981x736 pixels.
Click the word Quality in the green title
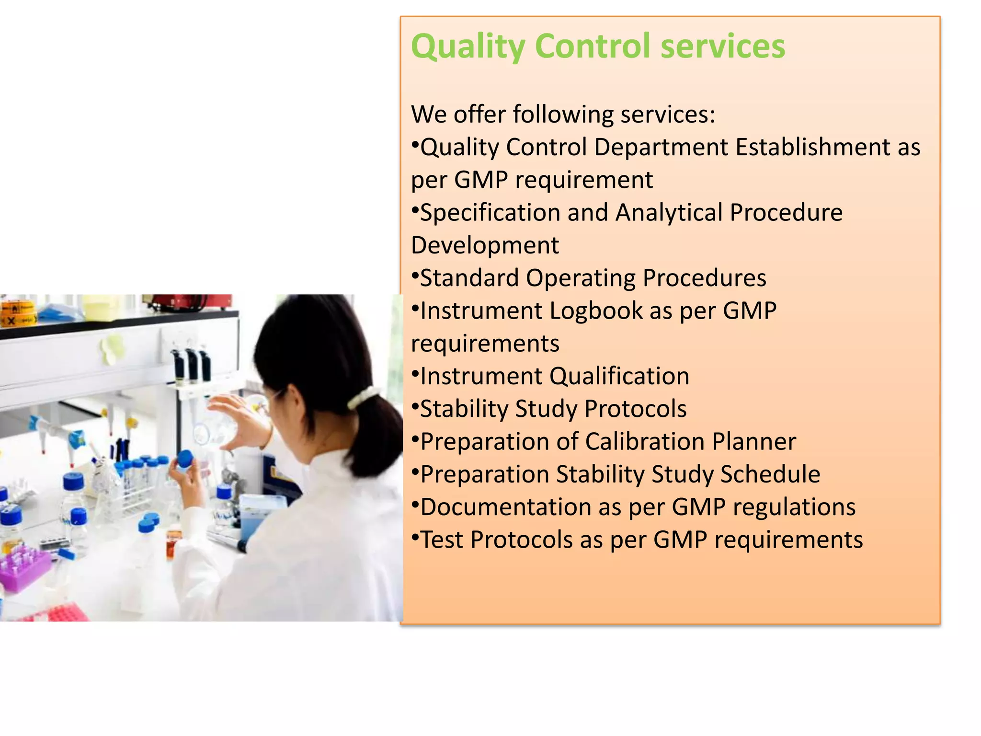pyautogui.click(x=468, y=47)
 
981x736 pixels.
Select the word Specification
pyautogui.click(x=490, y=213)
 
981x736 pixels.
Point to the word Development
pyautogui.click(x=485, y=245)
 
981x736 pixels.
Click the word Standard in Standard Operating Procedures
pyautogui.click(x=469, y=278)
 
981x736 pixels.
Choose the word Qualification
pyautogui.click(x=619, y=376)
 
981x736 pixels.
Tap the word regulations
pyautogui.click(x=794, y=507)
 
